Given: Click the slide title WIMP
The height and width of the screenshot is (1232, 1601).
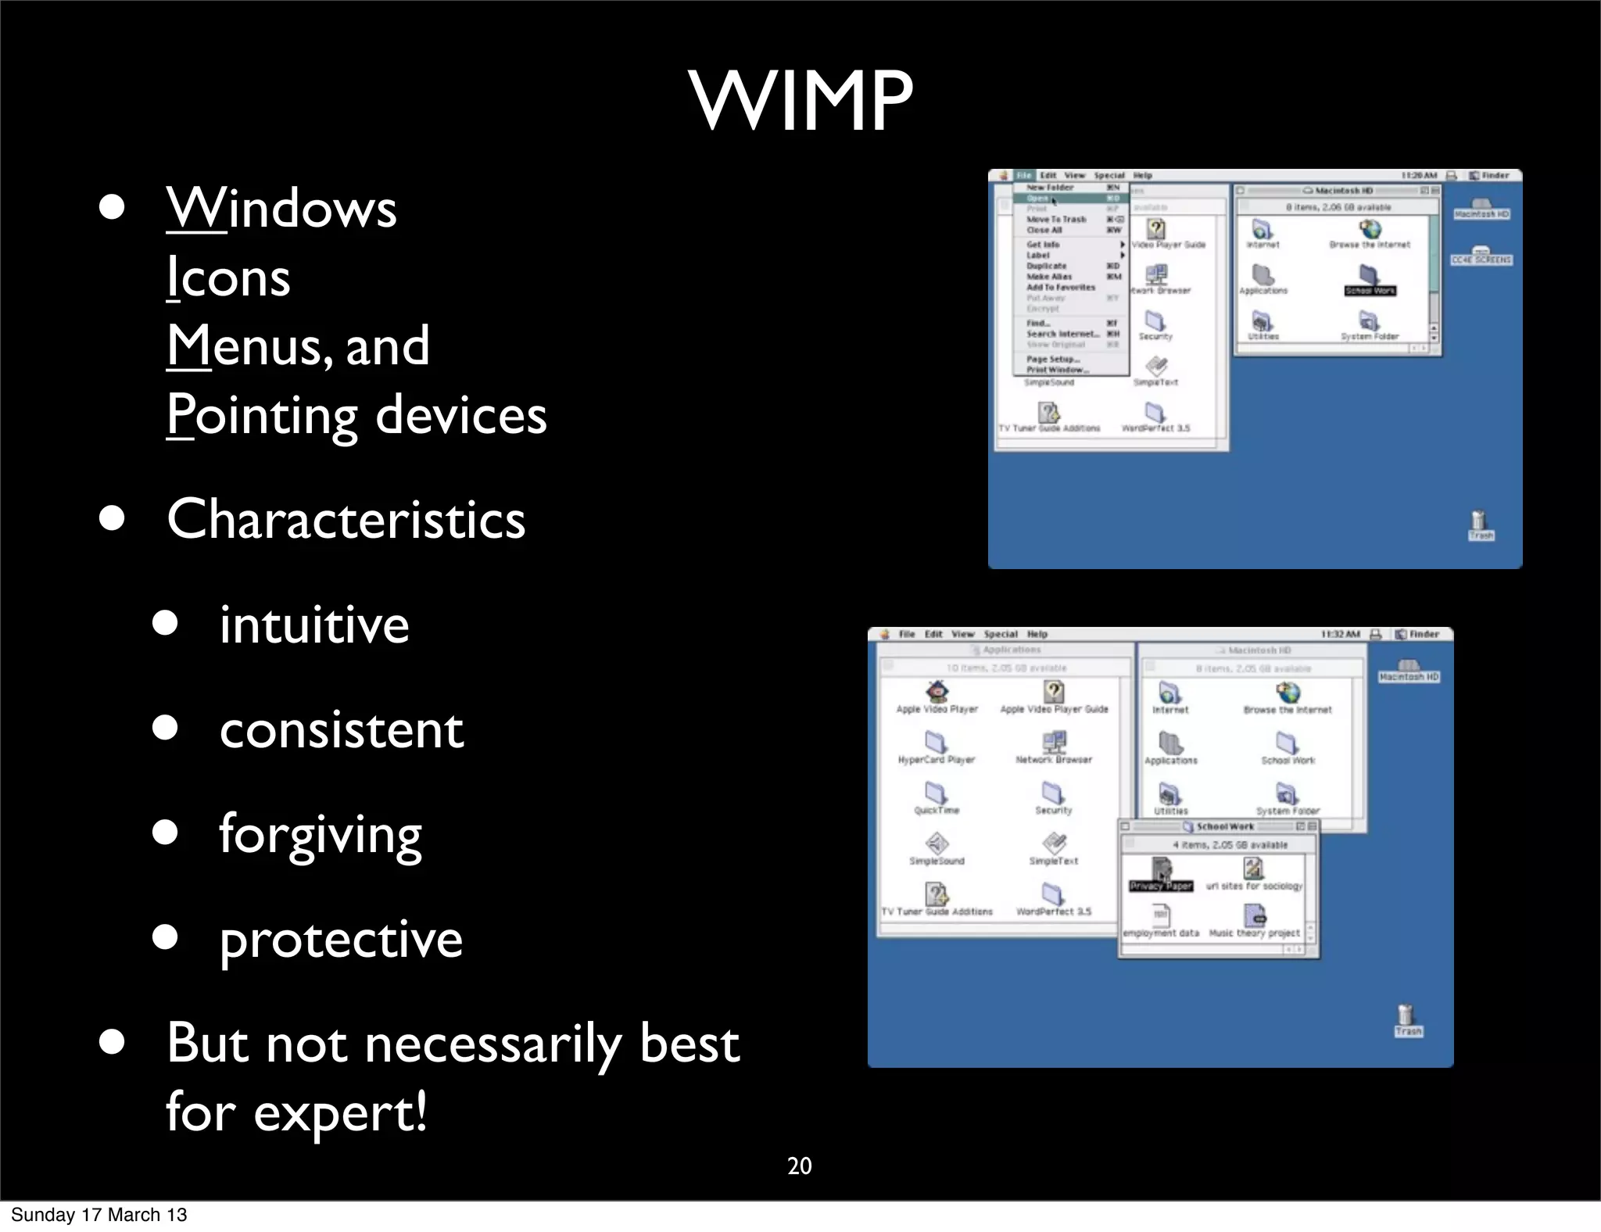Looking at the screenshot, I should click(800, 102).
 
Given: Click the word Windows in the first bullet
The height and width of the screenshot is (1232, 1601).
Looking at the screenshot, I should click(281, 209).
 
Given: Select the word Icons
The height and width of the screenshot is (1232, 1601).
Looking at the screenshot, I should click(228, 278).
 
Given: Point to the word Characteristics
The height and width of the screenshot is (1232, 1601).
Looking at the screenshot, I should click(346, 519).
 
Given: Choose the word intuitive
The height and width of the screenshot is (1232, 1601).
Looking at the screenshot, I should click(313, 625).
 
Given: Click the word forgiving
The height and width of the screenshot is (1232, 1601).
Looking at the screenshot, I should click(320, 834).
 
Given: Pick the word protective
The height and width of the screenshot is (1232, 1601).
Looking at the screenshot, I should click(341, 939).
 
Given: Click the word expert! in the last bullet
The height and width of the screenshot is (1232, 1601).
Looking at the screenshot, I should click(340, 1112).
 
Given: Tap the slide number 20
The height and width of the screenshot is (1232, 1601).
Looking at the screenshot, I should click(799, 1166).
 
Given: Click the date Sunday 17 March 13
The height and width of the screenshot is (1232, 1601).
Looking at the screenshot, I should click(99, 1215).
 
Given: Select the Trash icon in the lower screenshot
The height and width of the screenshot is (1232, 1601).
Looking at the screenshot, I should click(1407, 1017).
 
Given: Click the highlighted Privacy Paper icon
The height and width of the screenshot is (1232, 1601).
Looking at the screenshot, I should click(1162, 869).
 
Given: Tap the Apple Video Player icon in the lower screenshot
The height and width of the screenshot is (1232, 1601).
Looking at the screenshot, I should click(937, 692).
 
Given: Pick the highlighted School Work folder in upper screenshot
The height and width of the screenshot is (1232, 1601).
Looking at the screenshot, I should click(1370, 275).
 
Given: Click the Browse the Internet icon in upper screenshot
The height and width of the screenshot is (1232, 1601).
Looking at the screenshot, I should click(1370, 230).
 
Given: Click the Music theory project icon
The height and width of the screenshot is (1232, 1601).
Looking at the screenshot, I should click(1254, 915).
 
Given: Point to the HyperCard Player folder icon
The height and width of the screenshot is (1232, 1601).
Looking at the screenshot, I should click(936, 742).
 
